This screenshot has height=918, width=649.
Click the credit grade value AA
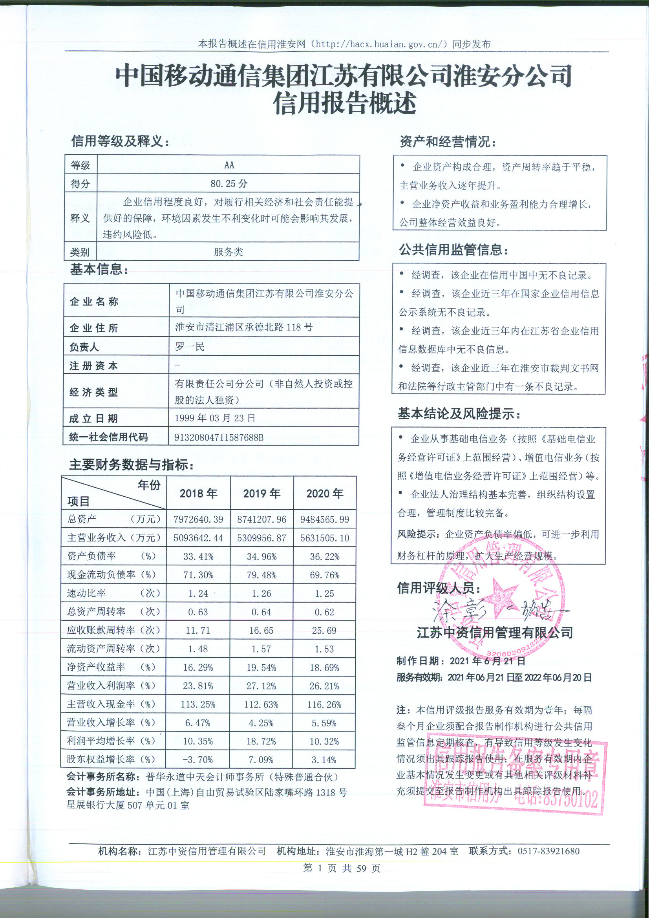click(229, 165)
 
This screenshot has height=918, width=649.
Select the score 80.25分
click(229, 183)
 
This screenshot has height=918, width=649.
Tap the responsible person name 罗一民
click(190, 346)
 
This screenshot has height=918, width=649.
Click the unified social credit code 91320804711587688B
click(219, 437)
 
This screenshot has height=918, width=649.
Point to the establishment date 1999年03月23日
click(215, 418)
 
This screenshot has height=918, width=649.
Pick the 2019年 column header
click(261, 494)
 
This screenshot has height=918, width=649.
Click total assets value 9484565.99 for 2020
click(325, 519)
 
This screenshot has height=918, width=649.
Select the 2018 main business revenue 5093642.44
click(198, 538)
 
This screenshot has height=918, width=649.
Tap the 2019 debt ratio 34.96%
click(261, 556)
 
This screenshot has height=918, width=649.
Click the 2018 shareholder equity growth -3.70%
click(198, 760)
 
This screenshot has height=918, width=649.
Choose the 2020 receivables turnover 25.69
click(325, 631)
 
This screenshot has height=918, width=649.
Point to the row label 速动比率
click(87, 593)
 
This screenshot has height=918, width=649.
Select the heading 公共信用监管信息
click(454, 250)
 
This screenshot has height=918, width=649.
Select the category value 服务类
click(229, 252)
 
